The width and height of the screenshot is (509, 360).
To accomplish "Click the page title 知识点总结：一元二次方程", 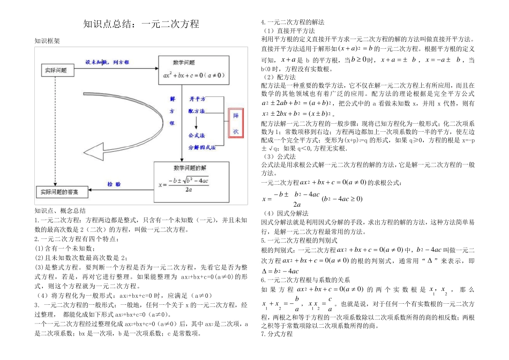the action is pyautogui.click(x=141, y=24).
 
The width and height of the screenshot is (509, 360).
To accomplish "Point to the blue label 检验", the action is pyautogui.click(x=114, y=183).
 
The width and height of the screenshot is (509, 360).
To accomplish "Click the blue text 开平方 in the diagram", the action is pyautogui.click(x=197, y=99).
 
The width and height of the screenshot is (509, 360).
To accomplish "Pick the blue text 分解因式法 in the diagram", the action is pyautogui.click(x=201, y=147).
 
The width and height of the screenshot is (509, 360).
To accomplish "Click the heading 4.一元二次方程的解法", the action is pyautogui.click(x=292, y=22).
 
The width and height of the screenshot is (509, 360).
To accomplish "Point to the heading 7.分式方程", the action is pyautogui.click(x=276, y=334).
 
